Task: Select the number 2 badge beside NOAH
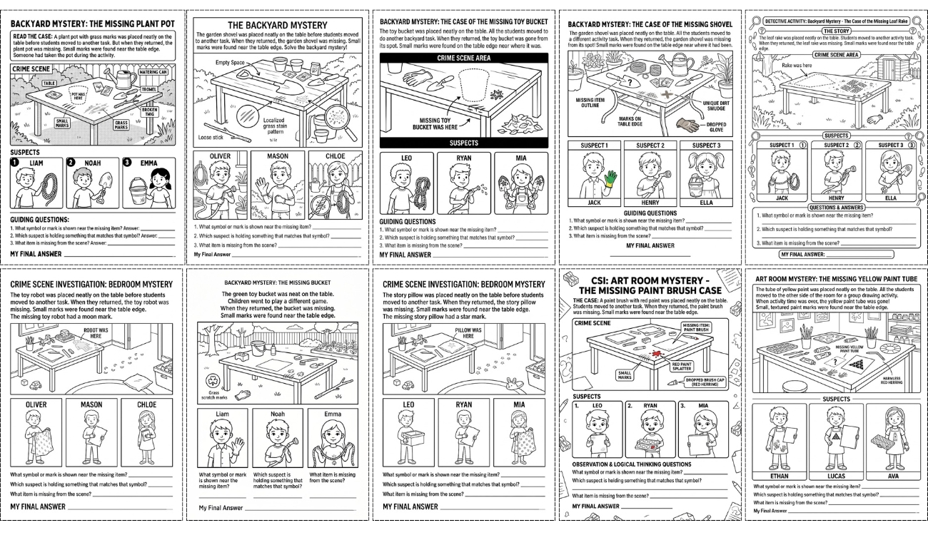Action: pyautogui.click(x=71, y=163)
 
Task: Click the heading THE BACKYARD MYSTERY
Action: pyautogui.click(x=277, y=26)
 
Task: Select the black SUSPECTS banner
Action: pyautogui.click(x=463, y=143)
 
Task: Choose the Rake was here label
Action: pyautogui.click(x=797, y=65)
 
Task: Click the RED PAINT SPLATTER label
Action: pyautogui.click(x=682, y=367)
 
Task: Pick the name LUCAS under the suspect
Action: pyautogui.click(x=836, y=476)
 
